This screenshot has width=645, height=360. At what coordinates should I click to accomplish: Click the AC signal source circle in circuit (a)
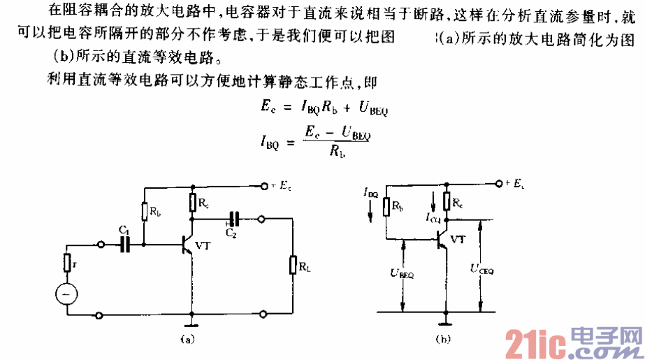coord(67,295)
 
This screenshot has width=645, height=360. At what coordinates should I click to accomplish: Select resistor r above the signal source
coord(67,264)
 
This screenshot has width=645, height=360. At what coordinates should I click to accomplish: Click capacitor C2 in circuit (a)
coord(234,217)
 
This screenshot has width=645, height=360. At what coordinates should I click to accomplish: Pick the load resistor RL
coord(292,266)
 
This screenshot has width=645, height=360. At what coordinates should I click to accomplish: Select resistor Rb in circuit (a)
coord(145,210)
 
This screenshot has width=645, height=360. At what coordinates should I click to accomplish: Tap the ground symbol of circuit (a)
coord(191,323)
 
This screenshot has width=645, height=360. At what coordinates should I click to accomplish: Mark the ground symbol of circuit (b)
coord(443,322)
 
